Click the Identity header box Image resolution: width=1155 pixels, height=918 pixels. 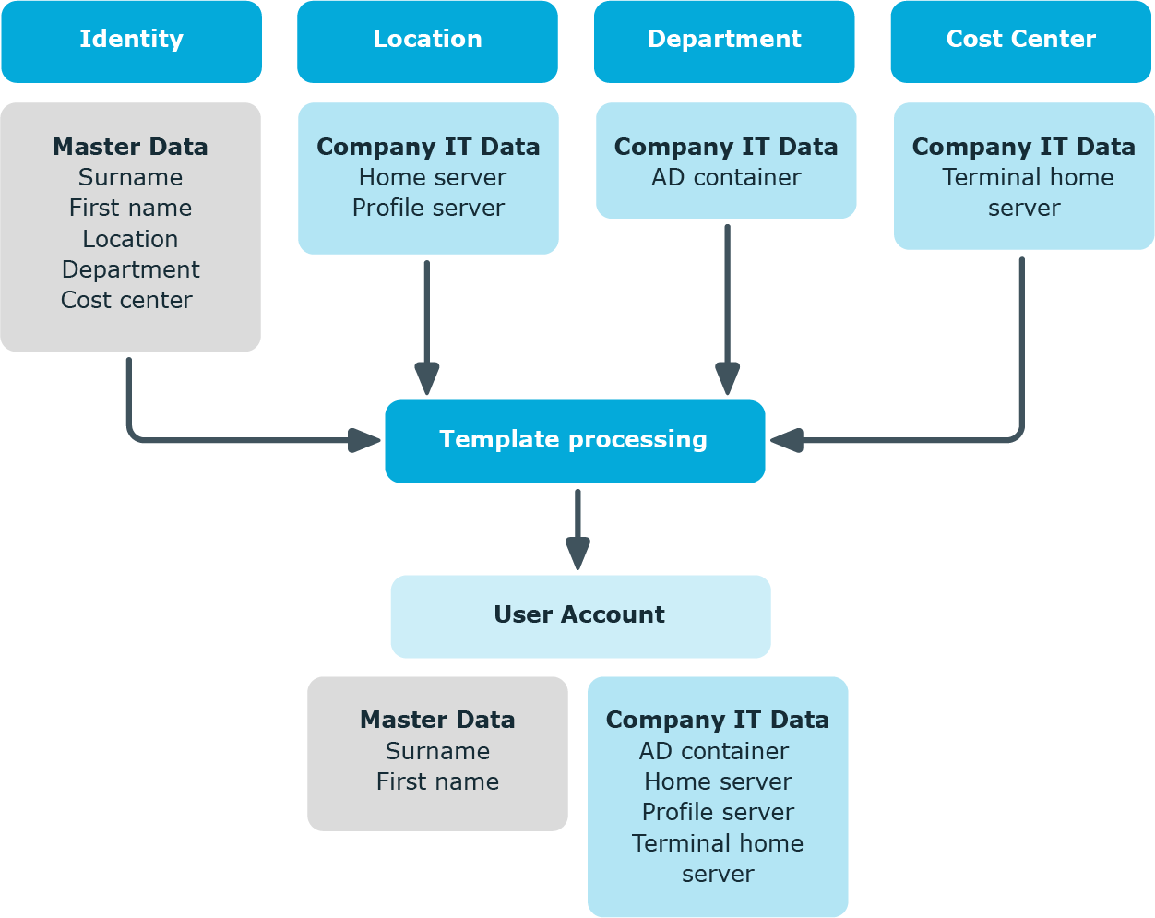132,42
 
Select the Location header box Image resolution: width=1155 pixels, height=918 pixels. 427,42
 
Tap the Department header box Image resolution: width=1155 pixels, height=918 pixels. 724,42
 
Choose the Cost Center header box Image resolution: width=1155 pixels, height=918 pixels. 1021,42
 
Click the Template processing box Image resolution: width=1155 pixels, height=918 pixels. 575,441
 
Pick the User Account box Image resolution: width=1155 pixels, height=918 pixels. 580,616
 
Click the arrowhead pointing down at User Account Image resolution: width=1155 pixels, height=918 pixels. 577,553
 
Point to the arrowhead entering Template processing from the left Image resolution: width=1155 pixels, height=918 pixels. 364,440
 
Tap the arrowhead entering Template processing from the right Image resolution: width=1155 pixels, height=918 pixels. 787,440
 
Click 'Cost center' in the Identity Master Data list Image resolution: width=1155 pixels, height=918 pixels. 126,300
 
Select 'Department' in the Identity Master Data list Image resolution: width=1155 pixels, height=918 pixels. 130,269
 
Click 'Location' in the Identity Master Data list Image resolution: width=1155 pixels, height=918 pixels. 130,239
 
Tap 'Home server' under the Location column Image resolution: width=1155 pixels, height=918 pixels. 433,177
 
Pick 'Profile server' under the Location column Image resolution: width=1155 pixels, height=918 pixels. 428,208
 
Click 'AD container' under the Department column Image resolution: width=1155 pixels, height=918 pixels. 726,177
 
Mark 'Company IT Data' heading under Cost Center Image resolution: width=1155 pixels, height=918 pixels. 1023,147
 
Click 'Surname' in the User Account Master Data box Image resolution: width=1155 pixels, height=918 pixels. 437,750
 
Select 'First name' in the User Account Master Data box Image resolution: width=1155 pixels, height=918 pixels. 437,781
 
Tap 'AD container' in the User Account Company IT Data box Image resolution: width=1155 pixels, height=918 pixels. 714,750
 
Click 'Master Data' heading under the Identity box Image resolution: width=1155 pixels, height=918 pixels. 130,147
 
